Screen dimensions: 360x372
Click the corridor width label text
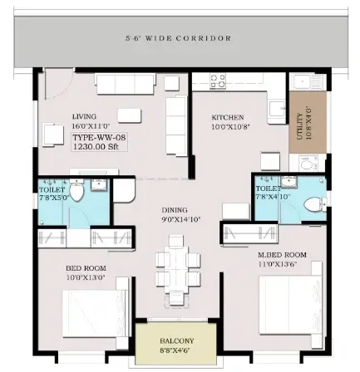[x=179, y=38]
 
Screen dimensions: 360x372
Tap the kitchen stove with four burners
[x=218, y=81]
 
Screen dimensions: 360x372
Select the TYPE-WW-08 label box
[x=99, y=141]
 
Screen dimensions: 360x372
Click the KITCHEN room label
[x=228, y=117]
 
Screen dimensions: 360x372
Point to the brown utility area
[x=308, y=122]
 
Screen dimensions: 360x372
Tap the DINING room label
[x=175, y=210]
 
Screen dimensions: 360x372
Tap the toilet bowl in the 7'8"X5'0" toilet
[x=76, y=190]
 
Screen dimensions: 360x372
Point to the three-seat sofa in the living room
[x=125, y=84]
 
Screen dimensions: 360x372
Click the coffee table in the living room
[x=129, y=115]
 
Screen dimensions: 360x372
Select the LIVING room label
[x=84, y=117]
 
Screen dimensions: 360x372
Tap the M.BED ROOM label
[x=282, y=255]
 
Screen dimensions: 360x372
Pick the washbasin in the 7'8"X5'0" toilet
[x=99, y=184]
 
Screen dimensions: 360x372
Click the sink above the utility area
[x=306, y=82]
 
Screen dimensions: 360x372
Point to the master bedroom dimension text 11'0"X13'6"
[x=278, y=264]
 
